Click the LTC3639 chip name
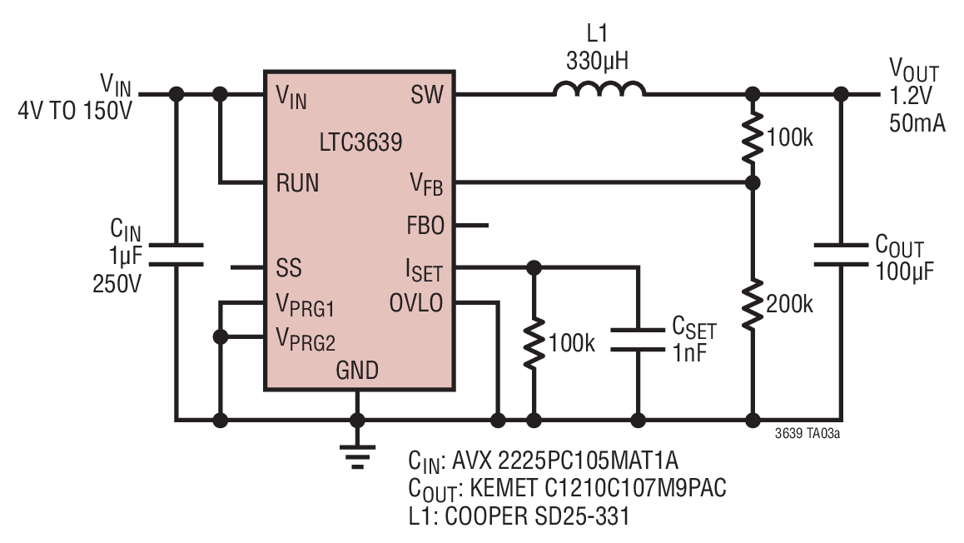click(360, 142)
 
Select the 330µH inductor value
click(597, 62)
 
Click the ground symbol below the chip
click(357, 456)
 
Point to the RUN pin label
click(297, 183)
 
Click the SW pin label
click(427, 95)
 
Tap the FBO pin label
click(425, 226)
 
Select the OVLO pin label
click(416, 302)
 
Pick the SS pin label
click(288, 267)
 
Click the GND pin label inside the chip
click(356, 371)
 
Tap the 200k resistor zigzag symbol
click(752, 305)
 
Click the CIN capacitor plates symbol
click(176, 255)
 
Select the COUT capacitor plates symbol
click(841, 255)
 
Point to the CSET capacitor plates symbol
click(638, 340)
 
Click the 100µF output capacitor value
click(904, 271)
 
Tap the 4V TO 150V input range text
click(74, 111)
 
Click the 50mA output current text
click(917, 123)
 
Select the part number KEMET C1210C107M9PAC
click(598, 488)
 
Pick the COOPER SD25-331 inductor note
click(537, 516)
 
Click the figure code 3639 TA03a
click(807, 434)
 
